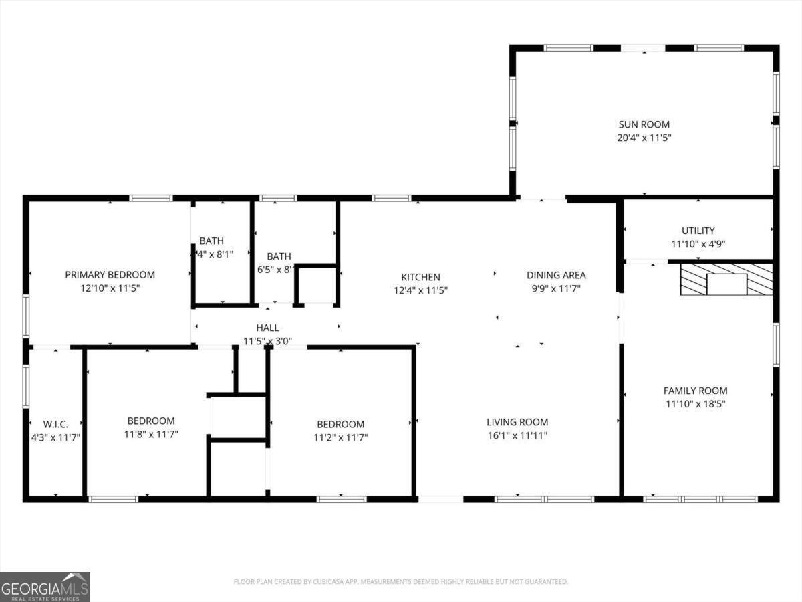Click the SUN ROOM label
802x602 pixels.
tap(644, 124)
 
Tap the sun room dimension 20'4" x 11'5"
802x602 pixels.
tap(644, 138)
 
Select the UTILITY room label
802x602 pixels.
tap(698, 231)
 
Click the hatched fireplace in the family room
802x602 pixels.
tap(726, 280)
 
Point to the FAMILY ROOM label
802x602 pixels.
tap(695, 391)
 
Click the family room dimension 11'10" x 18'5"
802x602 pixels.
tap(695, 404)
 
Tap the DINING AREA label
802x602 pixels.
tap(556, 275)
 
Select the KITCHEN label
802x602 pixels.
tap(420, 277)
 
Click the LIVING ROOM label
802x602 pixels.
tap(517, 422)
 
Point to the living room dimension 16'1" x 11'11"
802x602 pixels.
tap(517, 435)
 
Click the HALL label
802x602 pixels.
tap(267, 328)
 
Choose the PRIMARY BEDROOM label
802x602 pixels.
tap(110, 274)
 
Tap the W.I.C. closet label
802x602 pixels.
tap(55, 424)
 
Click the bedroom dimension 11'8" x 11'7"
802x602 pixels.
tap(151, 435)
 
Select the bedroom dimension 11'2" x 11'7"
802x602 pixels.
tap(340, 437)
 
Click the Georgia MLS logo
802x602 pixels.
tap(45, 587)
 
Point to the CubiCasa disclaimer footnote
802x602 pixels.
tap(401, 582)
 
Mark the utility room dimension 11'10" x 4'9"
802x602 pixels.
tap(698, 244)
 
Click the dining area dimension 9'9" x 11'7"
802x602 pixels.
tap(556, 288)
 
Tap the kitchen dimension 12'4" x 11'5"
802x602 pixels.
tap(420, 290)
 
